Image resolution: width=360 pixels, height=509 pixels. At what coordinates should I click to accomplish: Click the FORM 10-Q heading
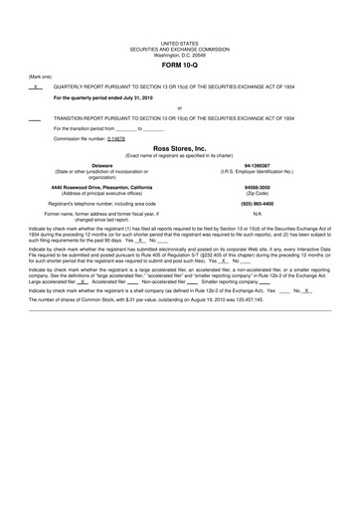coord(180,66)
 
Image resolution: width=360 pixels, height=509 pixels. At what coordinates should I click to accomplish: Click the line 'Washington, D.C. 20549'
coord(179,54)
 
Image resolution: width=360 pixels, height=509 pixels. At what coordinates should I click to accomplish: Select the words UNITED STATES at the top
coord(179,44)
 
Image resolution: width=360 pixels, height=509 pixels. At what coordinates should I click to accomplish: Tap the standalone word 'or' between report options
coord(179,107)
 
